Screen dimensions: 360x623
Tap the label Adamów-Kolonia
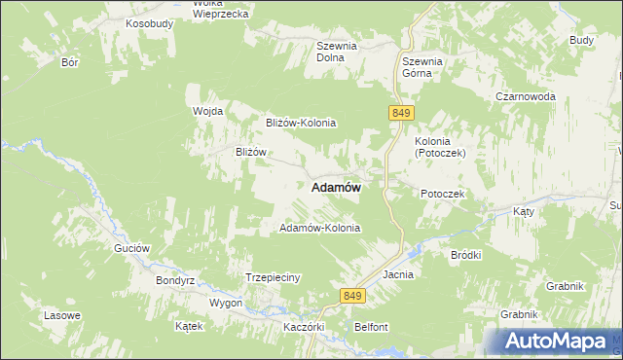click(320, 228)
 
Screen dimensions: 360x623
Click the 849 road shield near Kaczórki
click(352, 295)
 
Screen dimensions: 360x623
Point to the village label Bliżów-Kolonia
click(301, 123)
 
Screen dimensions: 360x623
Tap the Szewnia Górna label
click(423, 67)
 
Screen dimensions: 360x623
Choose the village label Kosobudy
click(149, 22)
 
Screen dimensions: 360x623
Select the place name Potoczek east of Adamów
click(444, 194)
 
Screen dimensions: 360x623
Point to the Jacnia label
click(398, 274)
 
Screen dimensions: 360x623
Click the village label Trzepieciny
click(273, 277)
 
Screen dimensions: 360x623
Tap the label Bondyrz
click(176, 280)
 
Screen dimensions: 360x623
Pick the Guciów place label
click(131, 248)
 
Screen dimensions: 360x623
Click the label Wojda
click(208, 111)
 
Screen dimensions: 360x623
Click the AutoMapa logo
click(557, 342)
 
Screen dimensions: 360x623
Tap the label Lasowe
click(61, 316)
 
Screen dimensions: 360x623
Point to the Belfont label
click(372, 327)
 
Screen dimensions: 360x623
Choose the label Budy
click(581, 40)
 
